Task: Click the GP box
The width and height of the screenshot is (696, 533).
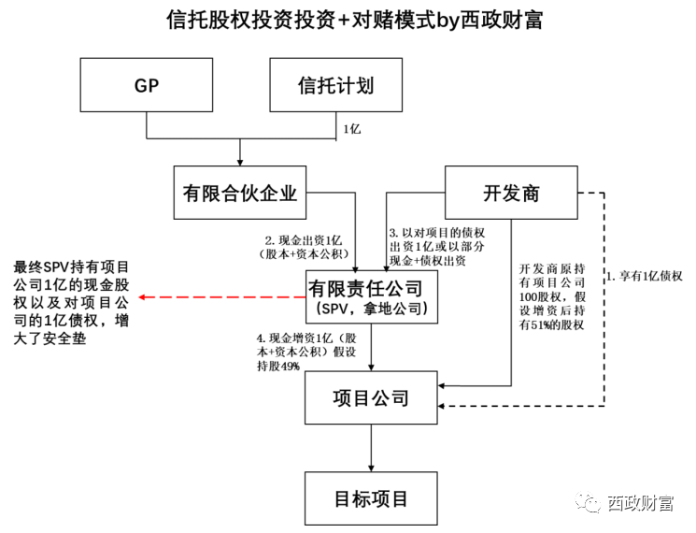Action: click(146, 86)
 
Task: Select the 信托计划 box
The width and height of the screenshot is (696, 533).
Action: click(335, 86)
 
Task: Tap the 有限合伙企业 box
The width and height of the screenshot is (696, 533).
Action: click(240, 194)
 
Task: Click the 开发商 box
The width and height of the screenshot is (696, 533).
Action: click(511, 194)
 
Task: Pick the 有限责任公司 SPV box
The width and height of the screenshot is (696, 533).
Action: click(372, 296)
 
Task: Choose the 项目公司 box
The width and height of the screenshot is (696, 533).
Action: click(371, 397)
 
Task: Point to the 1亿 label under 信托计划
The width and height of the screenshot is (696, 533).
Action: click(351, 129)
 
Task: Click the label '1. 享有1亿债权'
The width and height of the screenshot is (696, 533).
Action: click(644, 276)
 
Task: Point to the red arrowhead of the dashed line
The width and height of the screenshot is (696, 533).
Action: click(145, 297)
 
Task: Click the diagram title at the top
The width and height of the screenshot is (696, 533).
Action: click(353, 20)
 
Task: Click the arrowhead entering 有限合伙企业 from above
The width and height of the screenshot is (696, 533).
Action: click(240, 161)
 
